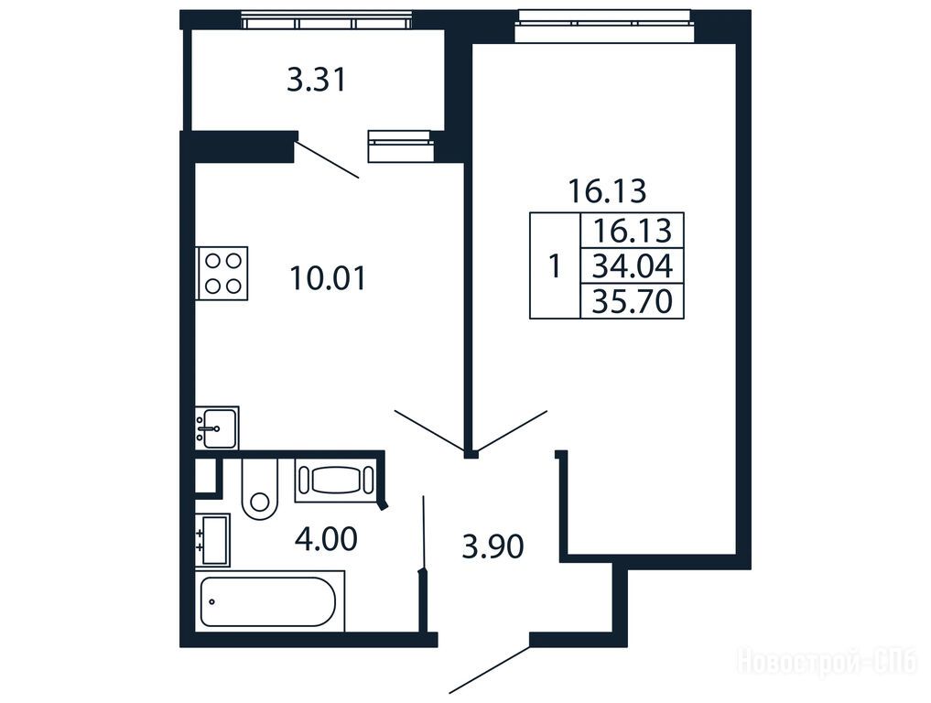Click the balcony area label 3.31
(x=317, y=81)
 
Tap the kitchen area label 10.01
(x=329, y=278)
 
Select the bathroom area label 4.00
(x=326, y=539)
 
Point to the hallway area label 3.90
(x=493, y=546)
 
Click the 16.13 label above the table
(x=607, y=190)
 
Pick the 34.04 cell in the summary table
(x=633, y=265)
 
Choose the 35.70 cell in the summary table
(x=633, y=301)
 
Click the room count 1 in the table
(x=555, y=266)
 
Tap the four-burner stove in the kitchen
(x=222, y=273)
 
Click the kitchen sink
(x=217, y=427)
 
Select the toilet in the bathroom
(x=259, y=489)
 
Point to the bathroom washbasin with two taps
(x=212, y=540)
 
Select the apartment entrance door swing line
(x=489, y=669)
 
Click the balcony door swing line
(x=327, y=158)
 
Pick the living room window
(x=604, y=26)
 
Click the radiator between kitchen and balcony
(x=401, y=146)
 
